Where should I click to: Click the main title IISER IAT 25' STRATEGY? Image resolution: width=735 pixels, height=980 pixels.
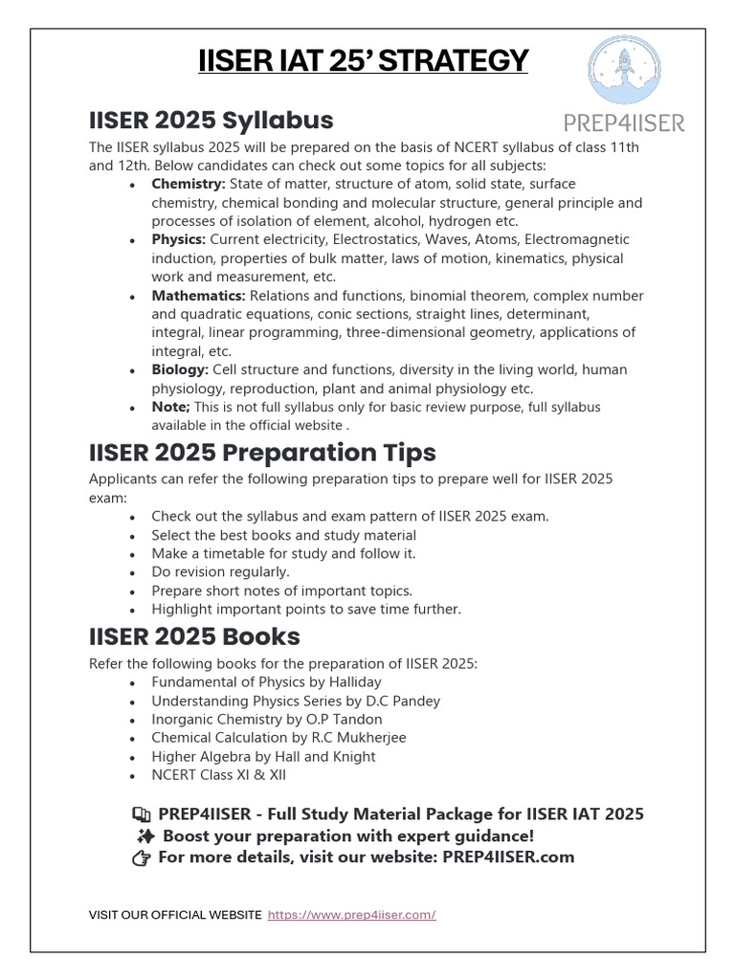tap(363, 61)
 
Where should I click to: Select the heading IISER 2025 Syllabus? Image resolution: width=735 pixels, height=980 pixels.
tap(211, 120)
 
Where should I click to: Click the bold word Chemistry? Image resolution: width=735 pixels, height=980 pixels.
tap(189, 184)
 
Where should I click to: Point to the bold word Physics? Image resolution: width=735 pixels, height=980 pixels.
tap(178, 239)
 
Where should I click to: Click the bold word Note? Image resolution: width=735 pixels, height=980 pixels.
tap(171, 407)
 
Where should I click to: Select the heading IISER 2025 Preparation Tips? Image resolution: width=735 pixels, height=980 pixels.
tap(262, 452)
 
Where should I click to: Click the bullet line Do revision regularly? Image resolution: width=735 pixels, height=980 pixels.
tap(220, 571)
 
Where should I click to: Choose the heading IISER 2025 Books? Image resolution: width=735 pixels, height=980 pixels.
tap(194, 636)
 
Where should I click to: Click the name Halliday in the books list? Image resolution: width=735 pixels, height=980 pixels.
tap(351, 682)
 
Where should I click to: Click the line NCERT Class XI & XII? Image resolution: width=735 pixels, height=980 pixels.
tap(218, 774)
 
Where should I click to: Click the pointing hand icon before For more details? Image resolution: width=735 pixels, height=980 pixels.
tap(142, 857)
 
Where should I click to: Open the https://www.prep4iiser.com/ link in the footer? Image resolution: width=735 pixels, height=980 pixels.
tap(351, 915)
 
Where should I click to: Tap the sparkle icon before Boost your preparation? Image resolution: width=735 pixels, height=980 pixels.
tap(143, 835)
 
